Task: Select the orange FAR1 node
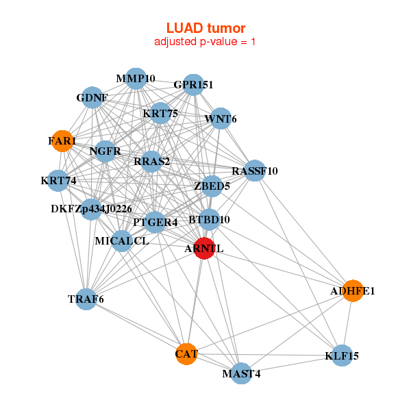[x=62, y=141]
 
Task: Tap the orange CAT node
[x=186, y=354]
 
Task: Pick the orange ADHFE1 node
[x=352, y=291]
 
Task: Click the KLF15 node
[x=342, y=356]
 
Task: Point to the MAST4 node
[x=241, y=373]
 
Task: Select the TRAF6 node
[x=86, y=299]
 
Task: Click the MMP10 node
[x=136, y=79]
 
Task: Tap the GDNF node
[x=92, y=97]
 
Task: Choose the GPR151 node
[x=193, y=86]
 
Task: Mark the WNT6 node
[x=221, y=119]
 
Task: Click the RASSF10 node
[x=254, y=171]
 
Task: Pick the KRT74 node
[x=58, y=182]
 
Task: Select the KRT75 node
[x=160, y=113]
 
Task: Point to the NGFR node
[x=105, y=151]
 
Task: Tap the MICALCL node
[x=121, y=240]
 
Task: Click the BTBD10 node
[x=210, y=220]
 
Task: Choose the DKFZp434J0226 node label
[x=91, y=208]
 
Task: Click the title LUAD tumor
[x=206, y=28]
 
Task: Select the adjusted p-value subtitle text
[x=206, y=42]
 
